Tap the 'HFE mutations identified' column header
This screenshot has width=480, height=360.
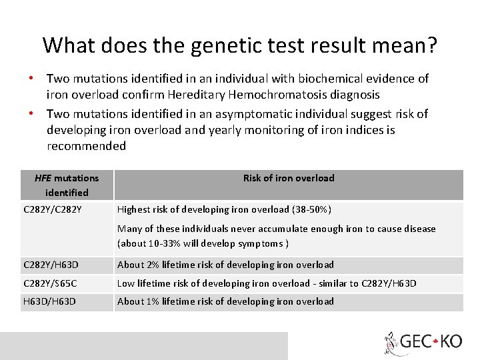click(67, 185)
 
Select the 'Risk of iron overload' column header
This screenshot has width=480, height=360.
click(289, 178)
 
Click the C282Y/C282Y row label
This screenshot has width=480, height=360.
click(53, 209)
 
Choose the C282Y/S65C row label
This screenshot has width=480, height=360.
click(51, 283)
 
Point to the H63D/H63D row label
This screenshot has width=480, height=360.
click(50, 301)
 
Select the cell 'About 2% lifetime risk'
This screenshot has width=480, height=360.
click(225, 265)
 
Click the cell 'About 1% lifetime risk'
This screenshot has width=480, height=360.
click(225, 301)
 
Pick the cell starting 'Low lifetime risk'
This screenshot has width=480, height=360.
click(267, 283)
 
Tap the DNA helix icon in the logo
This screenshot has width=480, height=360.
click(390, 343)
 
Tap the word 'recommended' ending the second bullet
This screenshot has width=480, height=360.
click(87, 146)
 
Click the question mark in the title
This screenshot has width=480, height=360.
click(432, 45)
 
